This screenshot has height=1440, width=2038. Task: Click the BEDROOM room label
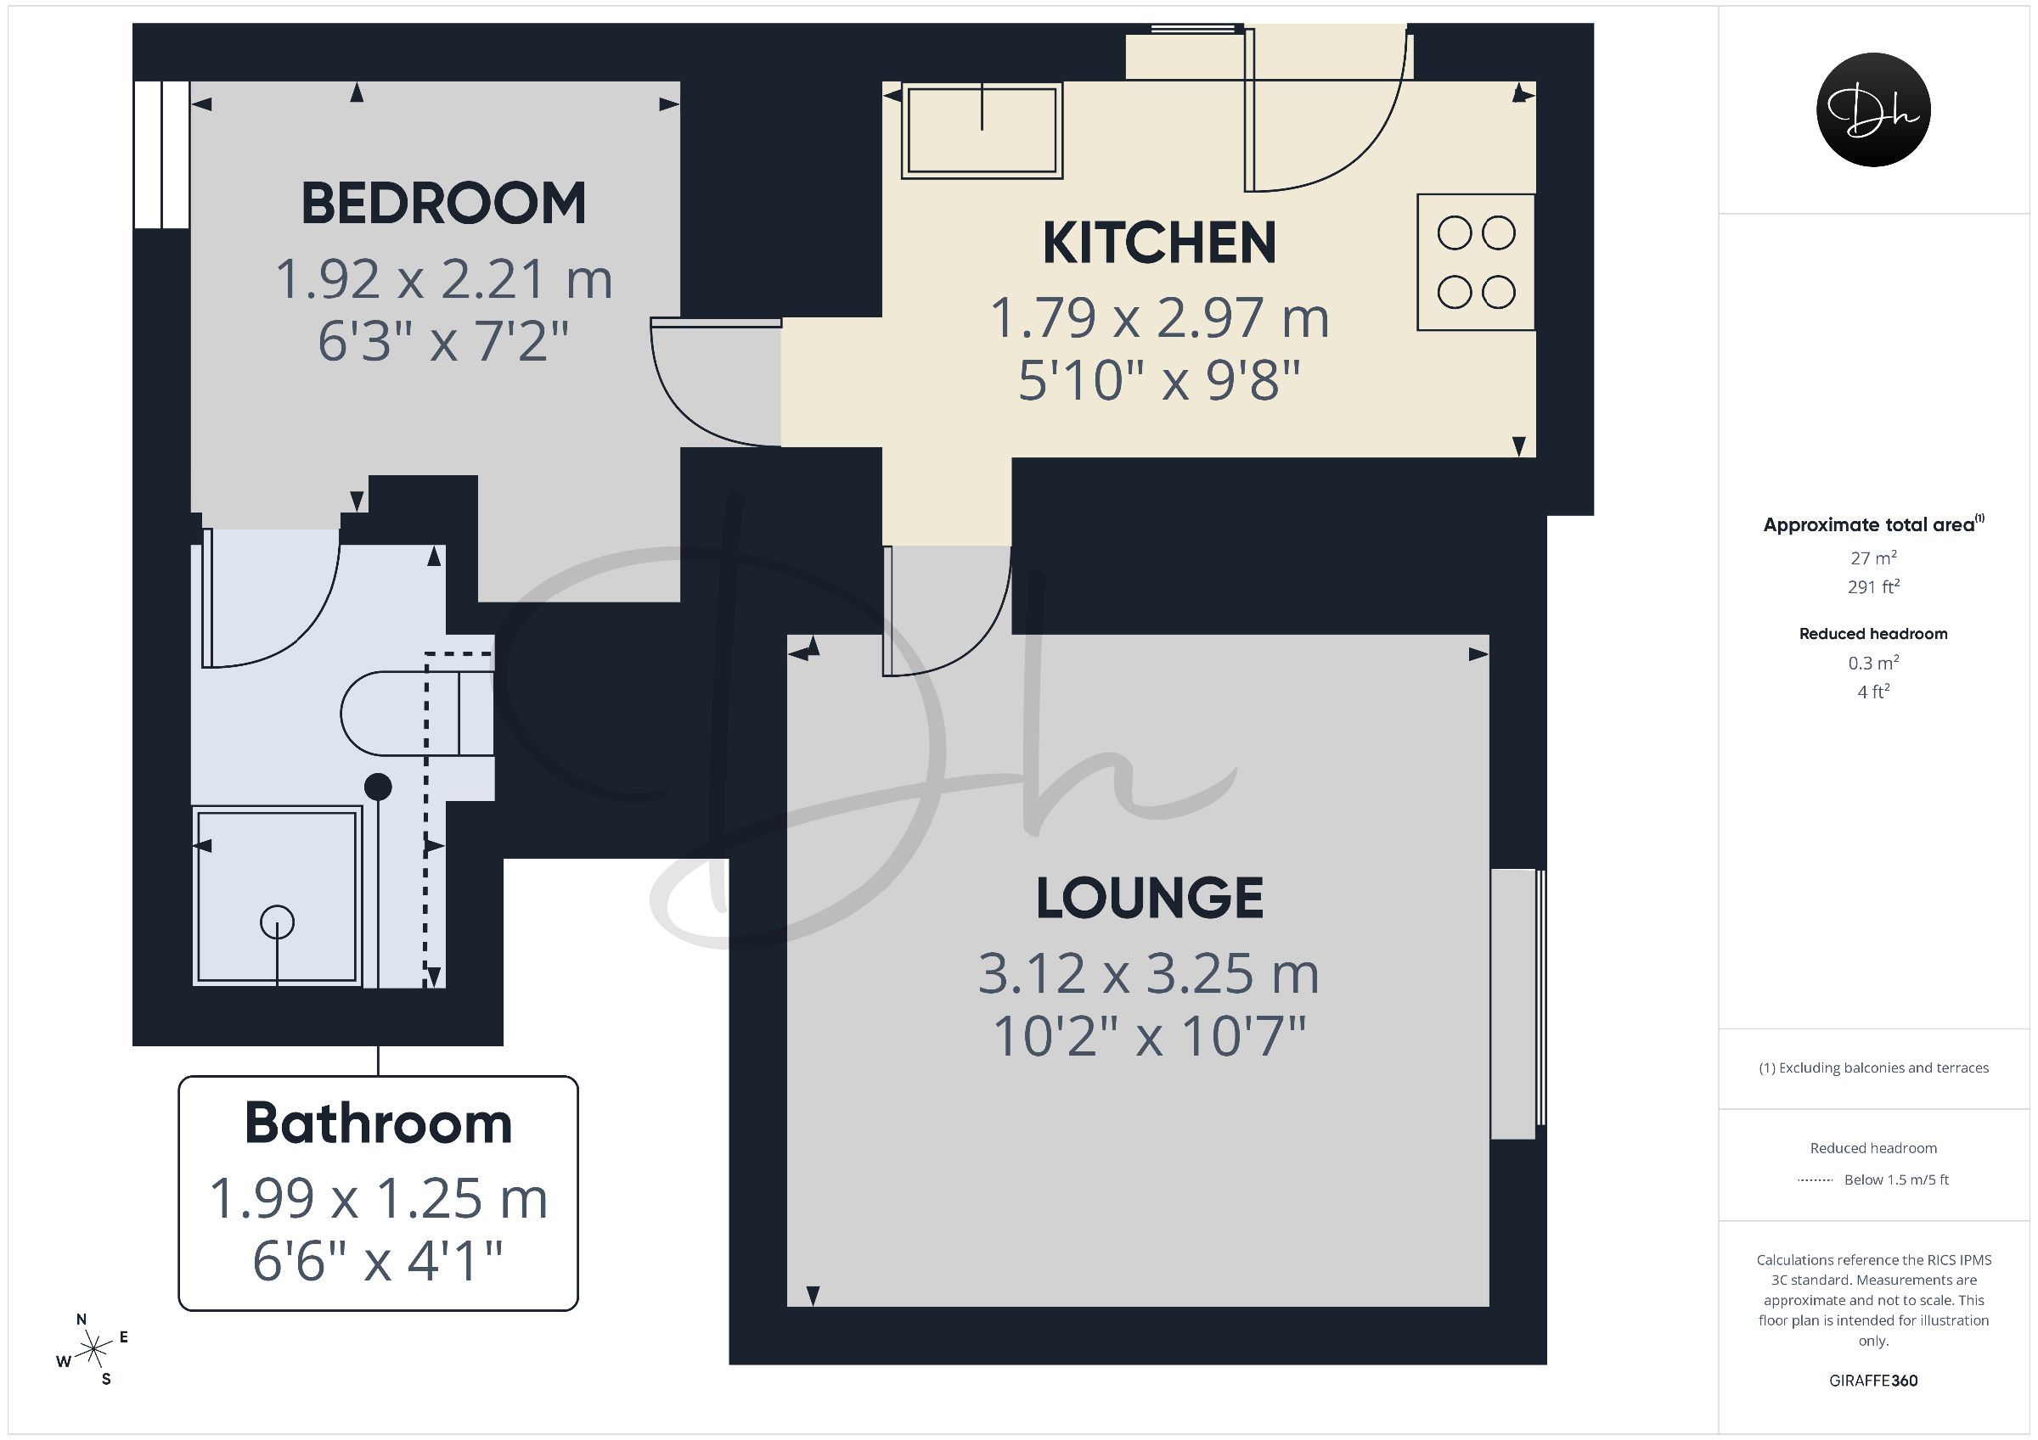tap(444, 203)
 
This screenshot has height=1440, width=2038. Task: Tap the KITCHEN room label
tap(1159, 242)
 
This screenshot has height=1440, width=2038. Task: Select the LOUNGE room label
tap(1151, 897)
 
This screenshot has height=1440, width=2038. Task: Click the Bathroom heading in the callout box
tap(379, 1123)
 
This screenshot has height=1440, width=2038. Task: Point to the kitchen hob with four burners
tap(1476, 262)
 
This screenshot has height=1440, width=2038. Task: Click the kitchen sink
tap(982, 130)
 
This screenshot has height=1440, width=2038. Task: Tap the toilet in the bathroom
tap(417, 714)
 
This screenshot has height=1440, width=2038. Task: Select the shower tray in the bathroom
tap(278, 896)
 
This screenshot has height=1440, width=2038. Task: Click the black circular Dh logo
tap(1874, 109)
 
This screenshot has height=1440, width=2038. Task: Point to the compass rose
tap(93, 1350)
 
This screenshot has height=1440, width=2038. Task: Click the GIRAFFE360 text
tap(1874, 1381)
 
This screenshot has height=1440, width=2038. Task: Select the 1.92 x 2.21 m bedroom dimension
tap(444, 279)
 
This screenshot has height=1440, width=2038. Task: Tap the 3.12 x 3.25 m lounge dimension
tap(1150, 974)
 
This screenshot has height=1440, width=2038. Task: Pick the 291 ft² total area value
tap(1874, 586)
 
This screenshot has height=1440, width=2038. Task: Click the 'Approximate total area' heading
tap(1869, 524)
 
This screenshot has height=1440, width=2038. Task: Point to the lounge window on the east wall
tap(1517, 1004)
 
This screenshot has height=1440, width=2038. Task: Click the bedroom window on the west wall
tap(161, 154)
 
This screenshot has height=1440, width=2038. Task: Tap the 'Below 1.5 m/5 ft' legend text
tap(1897, 1180)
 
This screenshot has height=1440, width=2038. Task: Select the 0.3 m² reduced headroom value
tap(1874, 663)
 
